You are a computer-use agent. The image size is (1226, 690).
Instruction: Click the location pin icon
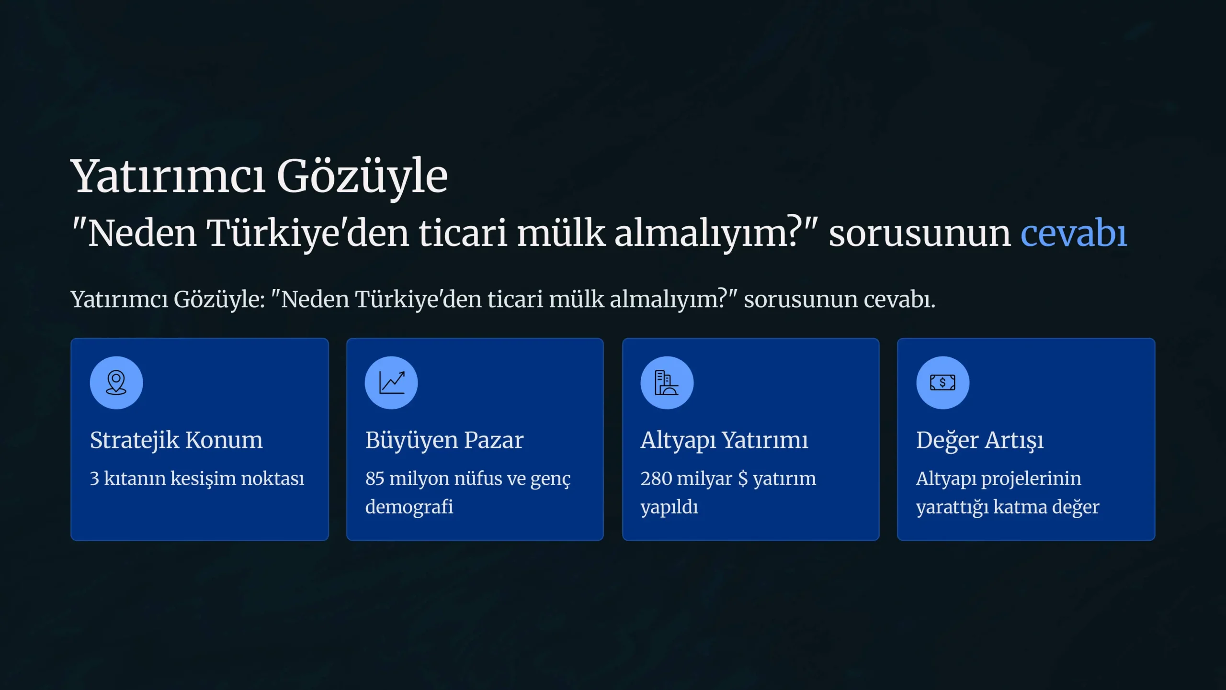pyautogui.click(x=116, y=382)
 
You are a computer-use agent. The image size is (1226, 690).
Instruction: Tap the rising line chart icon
pyautogui.click(x=392, y=382)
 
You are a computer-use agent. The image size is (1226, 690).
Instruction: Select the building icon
pyautogui.click(x=667, y=382)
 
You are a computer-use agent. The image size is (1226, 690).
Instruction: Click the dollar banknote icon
pyautogui.click(x=942, y=382)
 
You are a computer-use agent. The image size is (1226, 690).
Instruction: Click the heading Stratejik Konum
pyautogui.click(x=176, y=440)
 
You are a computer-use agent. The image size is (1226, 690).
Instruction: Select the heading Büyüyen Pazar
pyautogui.click(x=444, y=440)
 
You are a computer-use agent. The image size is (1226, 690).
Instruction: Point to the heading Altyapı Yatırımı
pyautogui.click(x=724, y=440)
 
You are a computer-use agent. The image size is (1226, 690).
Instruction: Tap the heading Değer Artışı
pyautogui.click(x=980, y=440)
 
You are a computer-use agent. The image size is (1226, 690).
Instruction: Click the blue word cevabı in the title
pyautogui.click(x=1074, y=234)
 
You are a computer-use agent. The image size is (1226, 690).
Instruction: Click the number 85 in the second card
pyautogui.click(x=375, y=479)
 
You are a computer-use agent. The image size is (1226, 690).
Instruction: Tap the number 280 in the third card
pyautogui.click(x=656, y=479)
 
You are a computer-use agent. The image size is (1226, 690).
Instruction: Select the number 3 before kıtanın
pyautogui.click(x=94, y=479)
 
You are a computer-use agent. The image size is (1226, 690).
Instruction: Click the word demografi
pyautogui.click(x=409, y=507)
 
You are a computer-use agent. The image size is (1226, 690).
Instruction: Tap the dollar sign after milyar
pyautogui.click(x=743, y=479)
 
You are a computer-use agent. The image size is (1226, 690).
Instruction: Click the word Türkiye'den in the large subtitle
pyautogui.click(x=307, y=234)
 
